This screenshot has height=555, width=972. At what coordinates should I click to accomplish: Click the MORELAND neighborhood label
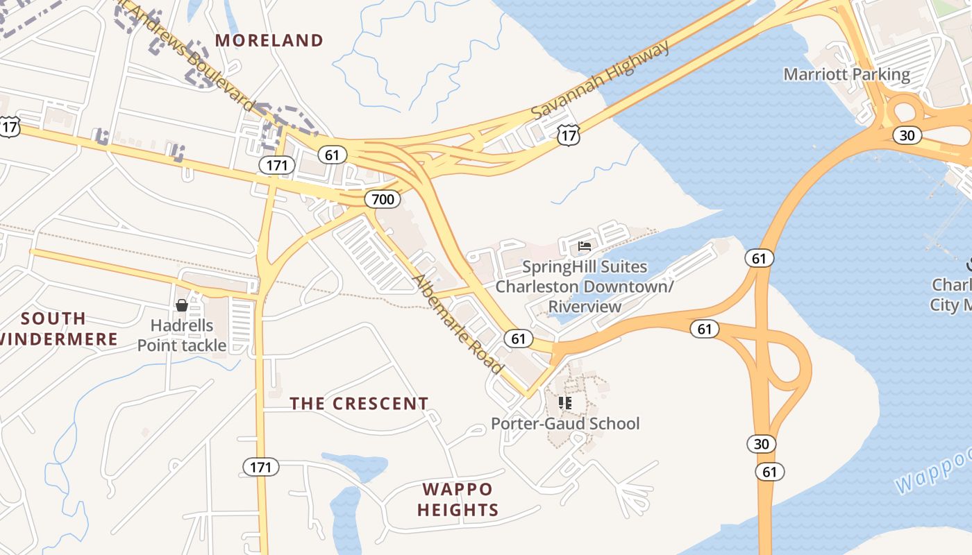[x=269, y=40]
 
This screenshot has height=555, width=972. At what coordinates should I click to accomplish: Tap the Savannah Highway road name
[x=601, y=79]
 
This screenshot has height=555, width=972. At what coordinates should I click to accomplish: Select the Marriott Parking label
[x=846, y=74]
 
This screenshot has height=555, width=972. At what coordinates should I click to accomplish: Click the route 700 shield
[x=382, y=200]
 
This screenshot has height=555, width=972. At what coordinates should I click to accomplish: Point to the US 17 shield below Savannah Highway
[x=568, y=135]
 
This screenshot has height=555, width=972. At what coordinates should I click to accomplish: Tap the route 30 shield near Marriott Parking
[x=907, y=135]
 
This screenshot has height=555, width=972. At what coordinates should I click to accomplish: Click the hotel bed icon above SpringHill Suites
[x=585, y=246]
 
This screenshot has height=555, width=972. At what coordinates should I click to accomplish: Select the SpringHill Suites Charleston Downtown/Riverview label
[x=584, y=287]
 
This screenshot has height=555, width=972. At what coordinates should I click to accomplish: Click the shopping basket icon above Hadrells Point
[x=182, y=305]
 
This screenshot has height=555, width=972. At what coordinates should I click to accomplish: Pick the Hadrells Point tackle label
[x=182, y=336]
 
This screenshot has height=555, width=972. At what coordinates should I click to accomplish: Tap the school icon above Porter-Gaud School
[x=565, y=402]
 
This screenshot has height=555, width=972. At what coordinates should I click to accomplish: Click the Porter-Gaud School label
[x=565, y=423]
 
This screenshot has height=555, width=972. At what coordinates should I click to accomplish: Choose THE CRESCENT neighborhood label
[x=359, y=404]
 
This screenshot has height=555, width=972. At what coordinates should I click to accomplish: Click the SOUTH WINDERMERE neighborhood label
[x=58, y=329]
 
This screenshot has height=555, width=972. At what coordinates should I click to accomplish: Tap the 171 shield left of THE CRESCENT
[x=261, y=467]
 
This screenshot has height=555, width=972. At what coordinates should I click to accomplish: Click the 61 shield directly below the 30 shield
[x=769, y=472]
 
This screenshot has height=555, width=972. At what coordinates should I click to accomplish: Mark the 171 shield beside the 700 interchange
[x=277, y=165]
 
